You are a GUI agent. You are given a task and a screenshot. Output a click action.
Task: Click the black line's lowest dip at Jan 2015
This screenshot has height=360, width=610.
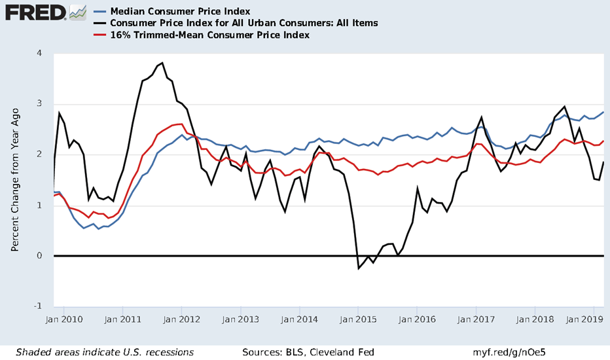[359, 268]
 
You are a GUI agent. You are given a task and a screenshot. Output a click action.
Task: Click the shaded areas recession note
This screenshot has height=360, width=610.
[105, 351]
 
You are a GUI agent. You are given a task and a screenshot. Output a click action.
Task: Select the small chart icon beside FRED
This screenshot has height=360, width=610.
[78, 11]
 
